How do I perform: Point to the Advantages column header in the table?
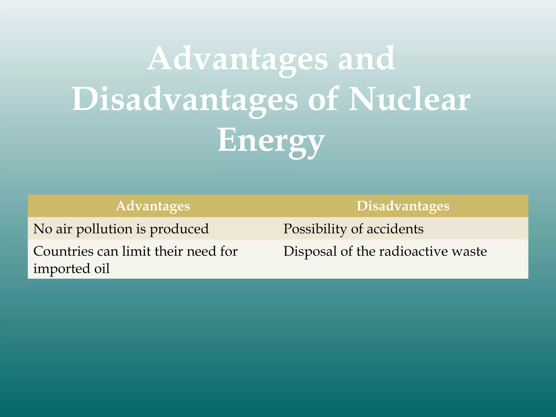tap(153, 206)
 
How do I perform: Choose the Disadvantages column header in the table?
tap(403, 206)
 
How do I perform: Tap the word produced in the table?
tap(179, 229)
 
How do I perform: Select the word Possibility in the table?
tap(315, 229)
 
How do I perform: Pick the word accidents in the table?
tap(395, 229)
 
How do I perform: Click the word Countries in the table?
tap(63, 251)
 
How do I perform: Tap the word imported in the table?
tap(61, 269)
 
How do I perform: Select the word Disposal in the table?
tap(310, 251)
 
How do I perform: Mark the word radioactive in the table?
tap(413, 251)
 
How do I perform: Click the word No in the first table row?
tap(42, 229)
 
